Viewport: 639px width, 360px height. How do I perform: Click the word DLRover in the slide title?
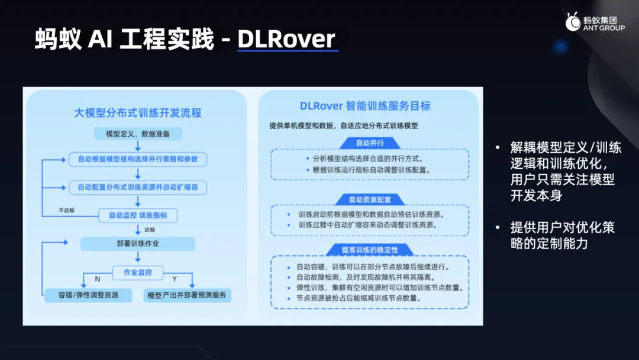click(x=286, y=39)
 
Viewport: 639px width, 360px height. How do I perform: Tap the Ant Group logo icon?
click(x=573, y=21)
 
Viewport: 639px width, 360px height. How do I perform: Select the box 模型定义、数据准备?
click(x=138, y=134)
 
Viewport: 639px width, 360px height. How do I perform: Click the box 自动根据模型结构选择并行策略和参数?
click(x=138, y=159)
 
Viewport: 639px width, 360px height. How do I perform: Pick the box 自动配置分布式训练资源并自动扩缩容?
click(x=138, y=187)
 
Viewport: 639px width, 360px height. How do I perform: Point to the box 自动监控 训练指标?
click(x=138, y=216)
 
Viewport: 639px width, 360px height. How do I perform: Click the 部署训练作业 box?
click(x=138, y=244)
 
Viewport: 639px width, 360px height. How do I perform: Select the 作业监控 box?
click(x=138, y=272)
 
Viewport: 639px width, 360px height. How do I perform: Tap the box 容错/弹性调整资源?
click(x=88, y=295)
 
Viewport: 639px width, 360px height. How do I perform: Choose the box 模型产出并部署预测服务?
click(x=187, y=295)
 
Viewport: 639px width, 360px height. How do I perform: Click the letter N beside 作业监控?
click(x=98, y=279)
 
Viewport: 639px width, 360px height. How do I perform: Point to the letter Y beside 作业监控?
click(x=175, y=279)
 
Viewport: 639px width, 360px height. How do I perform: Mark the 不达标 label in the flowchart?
click(x=66, y=210)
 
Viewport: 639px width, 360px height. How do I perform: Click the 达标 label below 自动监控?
click(x=150, y=230)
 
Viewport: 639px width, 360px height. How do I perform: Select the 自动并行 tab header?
click(x=370, y=143)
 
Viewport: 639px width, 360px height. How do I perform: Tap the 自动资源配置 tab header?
click(x=370, y=200)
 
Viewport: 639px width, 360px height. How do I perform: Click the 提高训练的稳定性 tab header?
click(x=370, y=250)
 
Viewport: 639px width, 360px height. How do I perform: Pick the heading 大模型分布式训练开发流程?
click(x=138, y=113)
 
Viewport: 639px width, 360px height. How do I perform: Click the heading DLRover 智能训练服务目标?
click(x=365, y=106)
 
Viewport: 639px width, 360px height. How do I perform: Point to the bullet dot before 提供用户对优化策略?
click(x=498, y=227)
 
